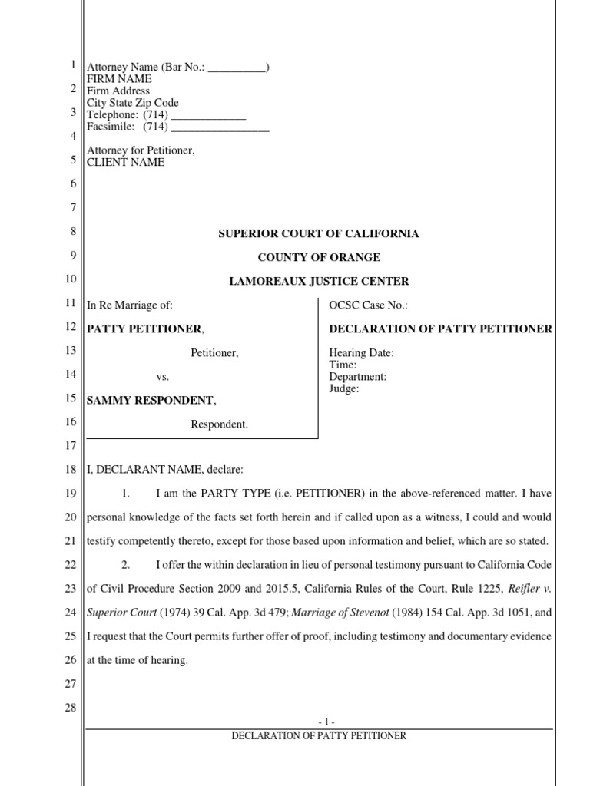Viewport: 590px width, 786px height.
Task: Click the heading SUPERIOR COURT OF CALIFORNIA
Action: click(x=319, y=233)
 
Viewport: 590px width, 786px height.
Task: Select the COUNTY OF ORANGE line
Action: click(x=319, y=257)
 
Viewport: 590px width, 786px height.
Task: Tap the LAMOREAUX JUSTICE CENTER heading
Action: click(x=319, y=281)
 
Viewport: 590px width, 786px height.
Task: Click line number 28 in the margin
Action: click(x=70, y=708)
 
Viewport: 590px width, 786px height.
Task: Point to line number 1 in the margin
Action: click(x=72, y=66)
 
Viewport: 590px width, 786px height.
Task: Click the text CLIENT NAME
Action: click(x=125, y=163)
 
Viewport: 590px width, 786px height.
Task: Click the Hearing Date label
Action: click(x=361, y=353)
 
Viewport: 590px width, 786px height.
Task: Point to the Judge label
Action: click(x=344, y=388)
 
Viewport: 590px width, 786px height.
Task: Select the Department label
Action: click(x=357, y=377)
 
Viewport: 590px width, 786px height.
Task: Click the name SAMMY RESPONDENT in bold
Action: click(x=150, y=400)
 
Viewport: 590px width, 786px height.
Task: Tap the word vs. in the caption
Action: click(x=162, y=377)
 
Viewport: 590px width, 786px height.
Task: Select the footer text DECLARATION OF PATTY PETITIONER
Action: click(x=319, y=735)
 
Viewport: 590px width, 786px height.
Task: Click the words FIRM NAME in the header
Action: click(x=118, y=79)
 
